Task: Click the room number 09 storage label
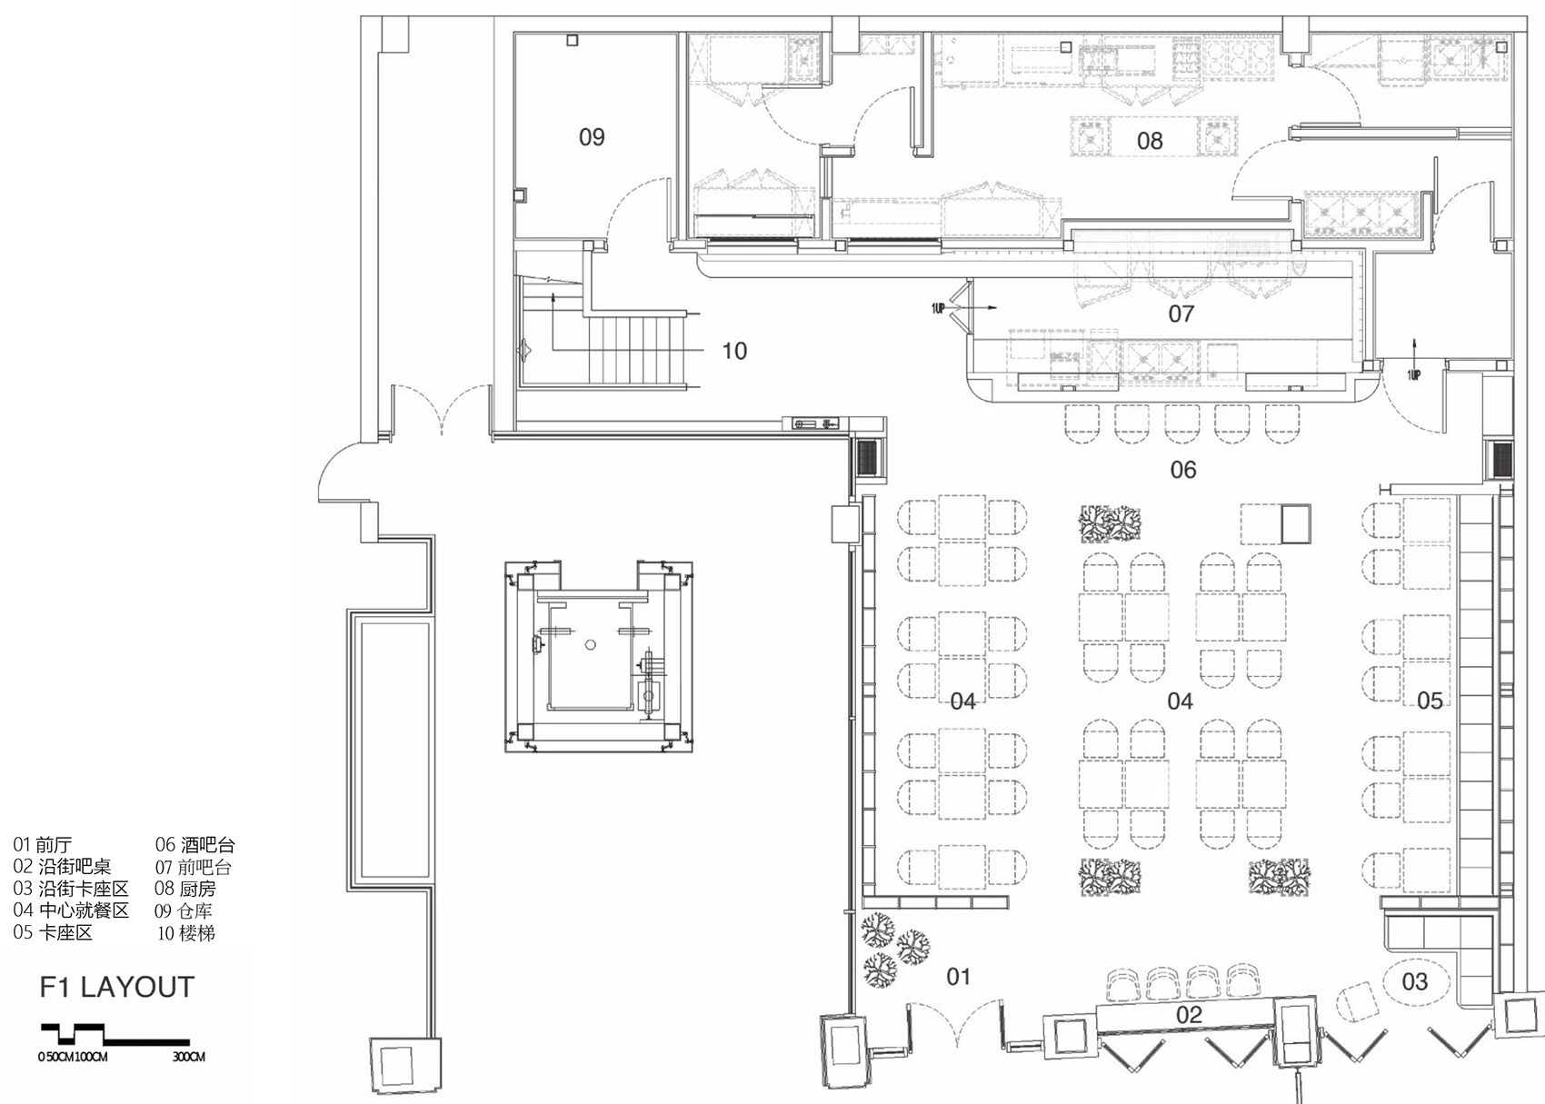[592, 137]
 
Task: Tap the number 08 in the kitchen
[1150, 141]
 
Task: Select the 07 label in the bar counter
[1181, 314]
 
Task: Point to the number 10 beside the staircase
[734, 351]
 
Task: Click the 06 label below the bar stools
[1183, 470]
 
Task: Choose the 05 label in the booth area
[1430, 701]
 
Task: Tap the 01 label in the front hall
[959, 977]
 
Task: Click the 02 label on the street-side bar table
[1189, 1015]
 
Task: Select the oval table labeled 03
[1414, 981]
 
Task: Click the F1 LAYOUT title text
[117, 988]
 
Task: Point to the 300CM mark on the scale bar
[189, 1058]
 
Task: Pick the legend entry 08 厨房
[184, 889]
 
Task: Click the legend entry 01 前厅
[42, 845]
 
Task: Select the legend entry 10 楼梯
[186, 933]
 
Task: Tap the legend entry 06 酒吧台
[194, 845]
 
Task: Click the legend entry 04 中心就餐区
[71, 910]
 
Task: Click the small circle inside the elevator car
[590, 645]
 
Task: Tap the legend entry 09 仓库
[184, 910]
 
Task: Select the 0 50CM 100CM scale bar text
[73, 1058]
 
